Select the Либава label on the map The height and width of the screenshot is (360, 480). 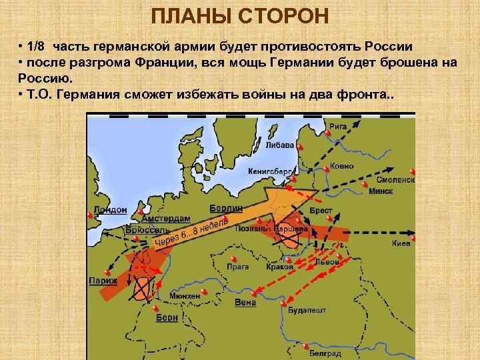pos(279,144)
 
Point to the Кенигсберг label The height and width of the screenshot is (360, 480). pos(270,171)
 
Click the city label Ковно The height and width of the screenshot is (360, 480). pos(342,166)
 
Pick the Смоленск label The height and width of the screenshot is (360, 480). pos(395,179)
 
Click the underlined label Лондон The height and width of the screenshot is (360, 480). pos(110,209)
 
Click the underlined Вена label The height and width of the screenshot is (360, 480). pos(245,303)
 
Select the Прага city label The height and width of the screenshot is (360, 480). pos(237,267)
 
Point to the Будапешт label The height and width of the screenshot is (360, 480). pos(307,310)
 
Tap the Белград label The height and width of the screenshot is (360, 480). pos(326,353)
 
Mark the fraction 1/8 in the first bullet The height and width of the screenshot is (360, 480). pos(37,47)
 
